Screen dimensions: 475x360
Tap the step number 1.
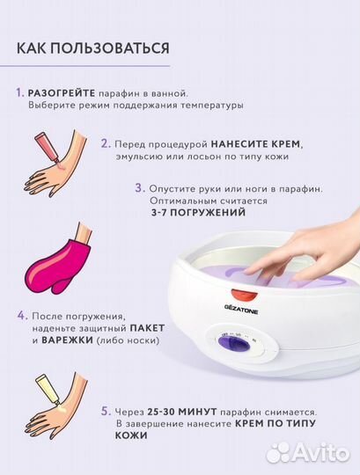19,92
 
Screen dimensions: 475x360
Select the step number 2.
105,142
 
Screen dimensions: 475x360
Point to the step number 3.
139,187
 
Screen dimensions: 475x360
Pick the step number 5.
105,410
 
